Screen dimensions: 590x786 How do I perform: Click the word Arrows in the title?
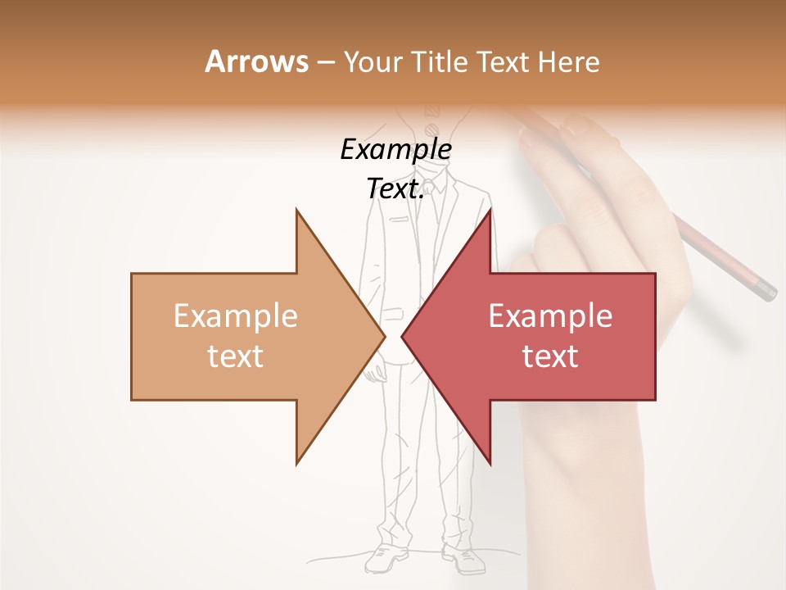(256, 61)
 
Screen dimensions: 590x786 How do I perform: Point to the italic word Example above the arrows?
(395, 150)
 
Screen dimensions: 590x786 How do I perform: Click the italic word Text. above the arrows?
(395, 188)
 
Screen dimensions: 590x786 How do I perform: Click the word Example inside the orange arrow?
(236, 316)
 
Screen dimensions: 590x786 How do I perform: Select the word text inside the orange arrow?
(236, 356)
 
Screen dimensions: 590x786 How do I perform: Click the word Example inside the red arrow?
(550, 316)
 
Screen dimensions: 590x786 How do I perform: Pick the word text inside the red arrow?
(550, 356)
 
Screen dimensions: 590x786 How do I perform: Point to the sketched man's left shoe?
(463, 560)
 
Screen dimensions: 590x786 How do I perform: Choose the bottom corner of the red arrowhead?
(490, 462)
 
